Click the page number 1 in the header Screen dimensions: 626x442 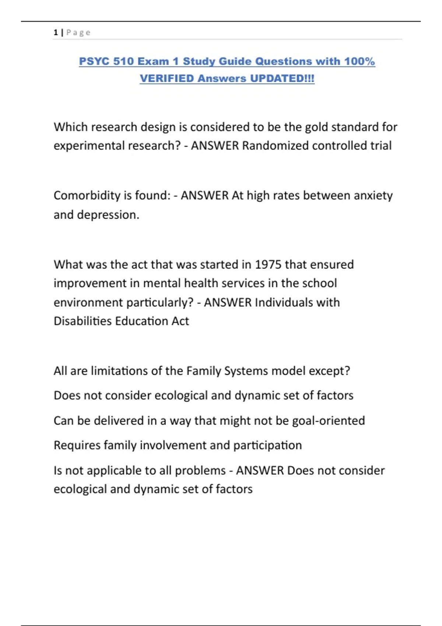click(56, 32)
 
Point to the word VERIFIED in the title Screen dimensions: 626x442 click(166, 78)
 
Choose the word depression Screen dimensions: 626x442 click(108, 215)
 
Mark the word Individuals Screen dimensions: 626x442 click(284, 302)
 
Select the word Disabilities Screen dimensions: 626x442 click(83, 321)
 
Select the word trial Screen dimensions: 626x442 click(381, 146)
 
